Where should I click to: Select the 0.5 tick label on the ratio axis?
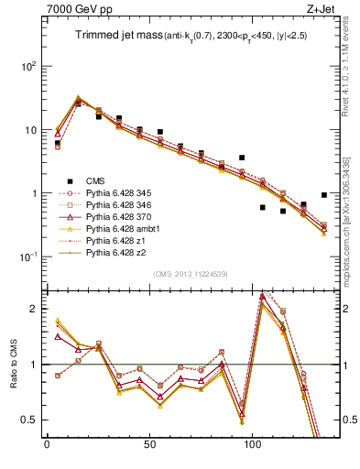point(29,420)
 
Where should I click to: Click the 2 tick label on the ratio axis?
point(35,309)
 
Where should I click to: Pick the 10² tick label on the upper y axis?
point(27,67)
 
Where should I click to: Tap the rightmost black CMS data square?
point(324,195)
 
